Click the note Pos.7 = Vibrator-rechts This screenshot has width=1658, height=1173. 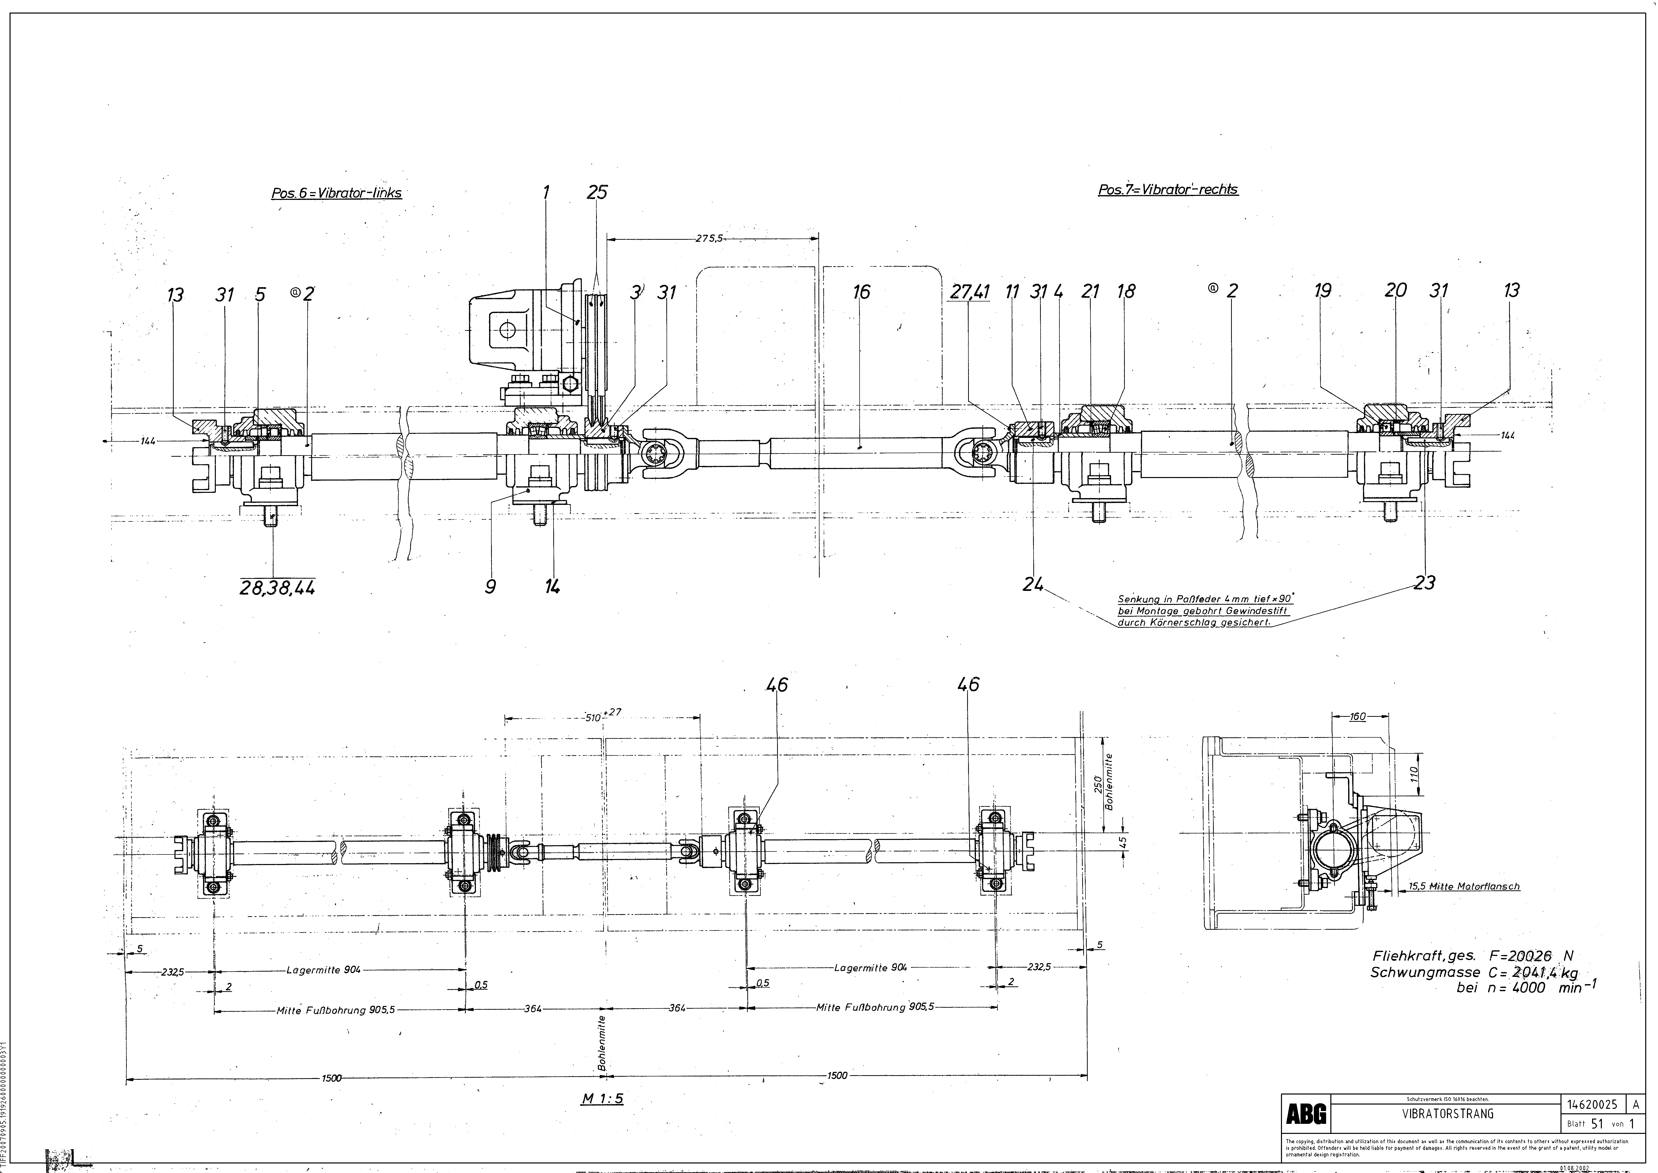(x=1168, y=190)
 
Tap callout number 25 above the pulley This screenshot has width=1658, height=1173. (x=597, y=192)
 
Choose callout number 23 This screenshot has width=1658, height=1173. (x=1425, y=582)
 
